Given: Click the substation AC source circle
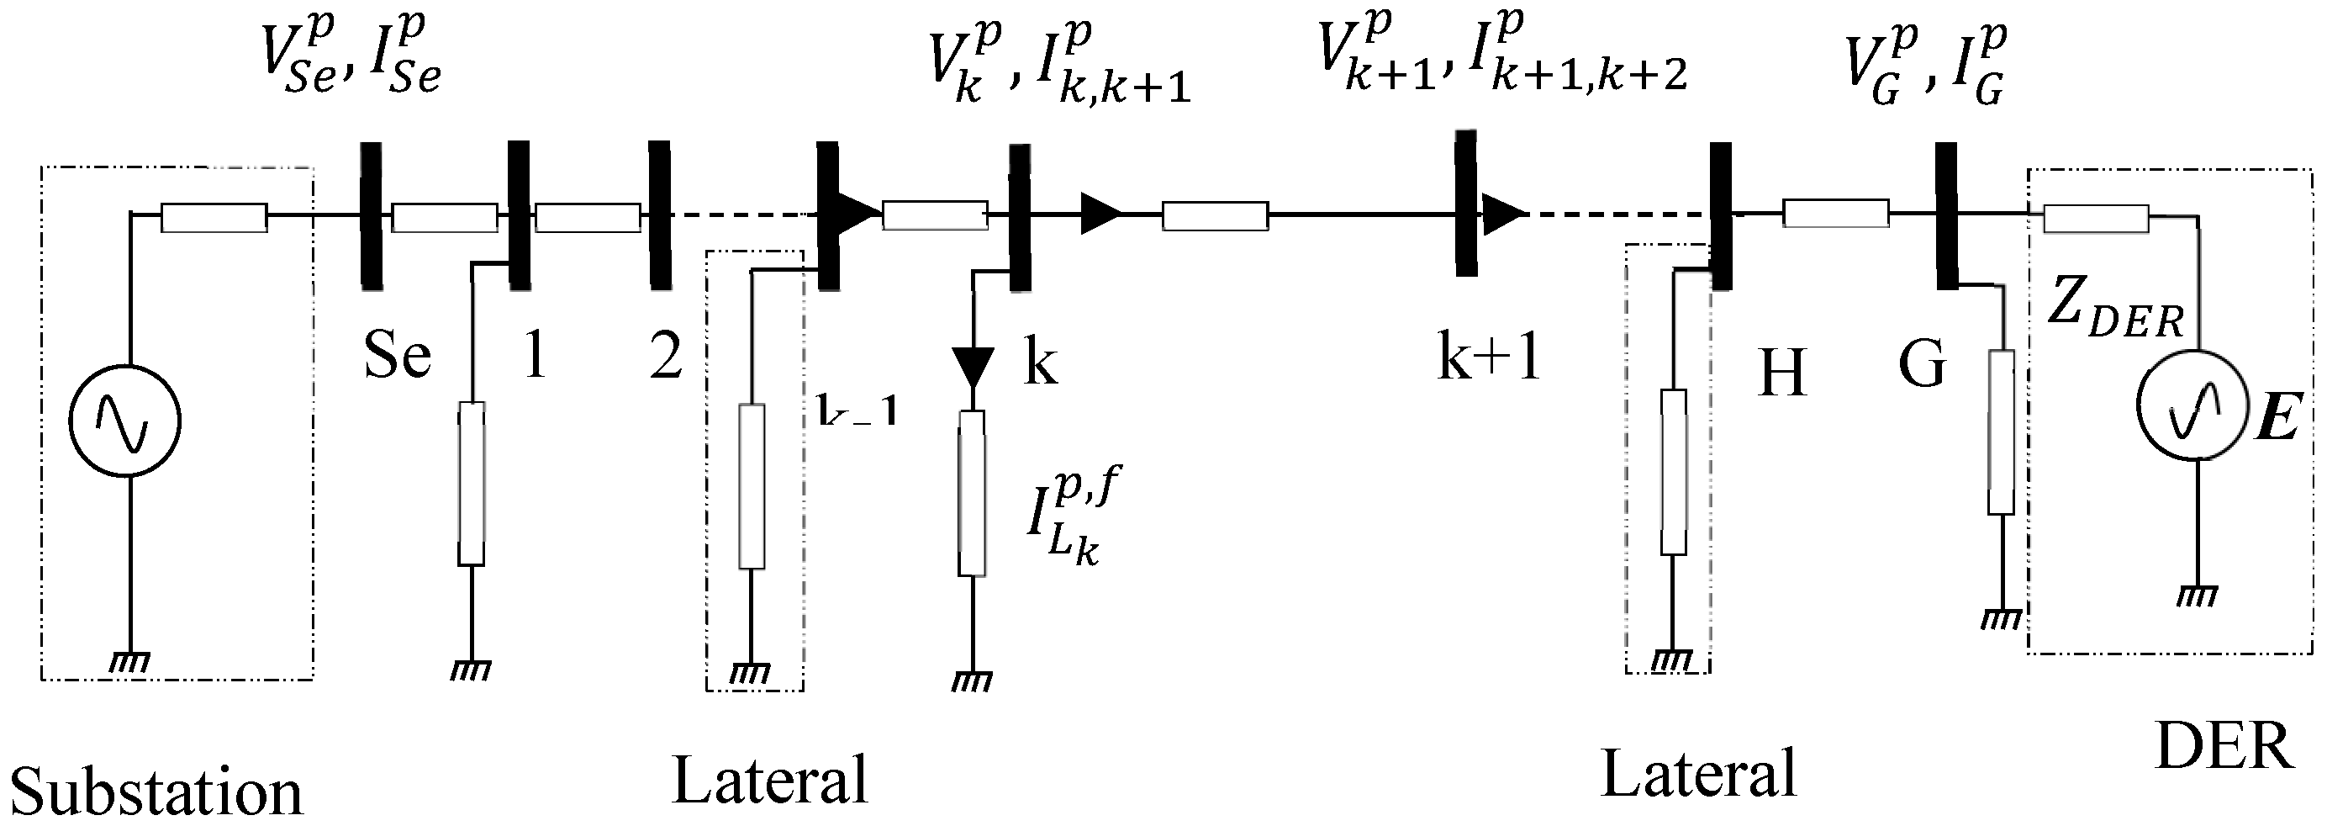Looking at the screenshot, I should pos(125,421).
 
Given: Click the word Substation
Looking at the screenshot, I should pos(156,792).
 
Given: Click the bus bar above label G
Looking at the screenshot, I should pos(1947,215).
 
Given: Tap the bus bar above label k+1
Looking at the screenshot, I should pos(1465,203).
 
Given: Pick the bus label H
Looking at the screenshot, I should pos(1781,372).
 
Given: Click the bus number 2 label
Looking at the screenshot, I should pos(666,356).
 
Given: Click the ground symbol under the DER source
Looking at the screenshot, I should pos(2197,596).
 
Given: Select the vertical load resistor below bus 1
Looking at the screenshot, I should pos(472,484).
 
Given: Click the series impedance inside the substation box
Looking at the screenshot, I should pos(214,218).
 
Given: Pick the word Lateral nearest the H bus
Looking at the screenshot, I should pos(1698,774).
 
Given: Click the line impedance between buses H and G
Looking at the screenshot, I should pos(1835,214).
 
